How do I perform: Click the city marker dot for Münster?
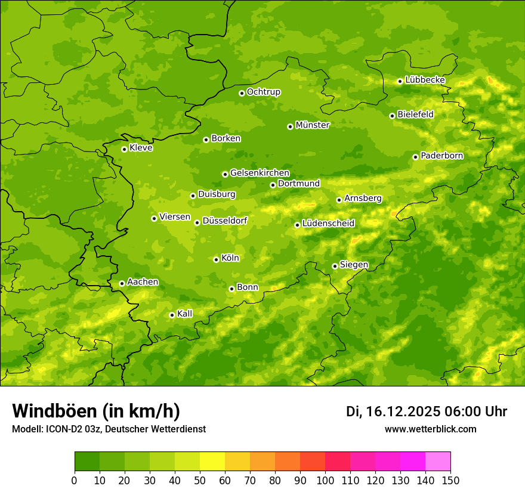coord(291,126)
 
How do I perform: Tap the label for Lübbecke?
coord(425,80)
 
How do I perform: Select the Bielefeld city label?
coord(415,115)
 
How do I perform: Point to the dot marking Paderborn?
coord(416,157)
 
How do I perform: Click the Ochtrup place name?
coord(263,92)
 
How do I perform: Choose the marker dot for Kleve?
coord(124,149)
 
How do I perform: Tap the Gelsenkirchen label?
coord(260,173)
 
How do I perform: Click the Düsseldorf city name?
coord(224,221)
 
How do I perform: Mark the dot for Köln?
coord(216,259)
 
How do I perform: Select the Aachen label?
coord(143,282)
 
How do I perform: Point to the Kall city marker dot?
coord(172,315)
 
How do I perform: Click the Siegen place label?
coord(354,265)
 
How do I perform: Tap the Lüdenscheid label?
coord(328,224)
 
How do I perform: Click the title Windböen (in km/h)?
coord(95,411)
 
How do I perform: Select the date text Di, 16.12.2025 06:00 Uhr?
coord(427,412)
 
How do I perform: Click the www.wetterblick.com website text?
coord(430,429)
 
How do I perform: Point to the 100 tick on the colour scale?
coord(325,480)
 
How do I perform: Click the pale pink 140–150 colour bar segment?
coord(438,461)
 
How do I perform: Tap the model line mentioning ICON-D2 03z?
coord(109,429)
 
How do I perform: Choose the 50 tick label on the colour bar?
coord(200,480)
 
